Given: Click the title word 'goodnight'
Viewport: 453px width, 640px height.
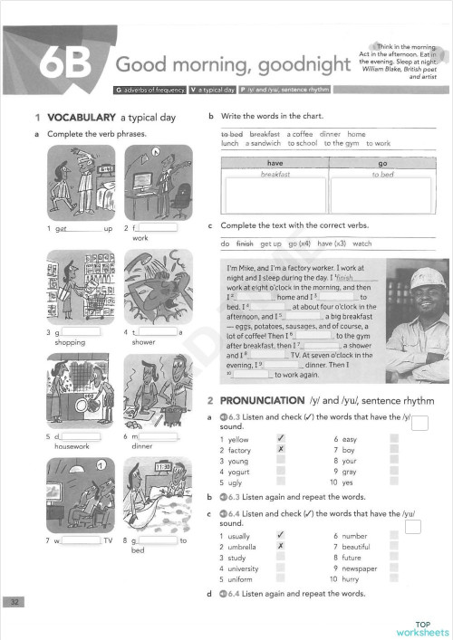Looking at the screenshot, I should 298,65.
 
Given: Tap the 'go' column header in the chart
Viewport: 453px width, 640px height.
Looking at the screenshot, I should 382,163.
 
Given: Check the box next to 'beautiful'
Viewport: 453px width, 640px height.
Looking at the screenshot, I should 394,547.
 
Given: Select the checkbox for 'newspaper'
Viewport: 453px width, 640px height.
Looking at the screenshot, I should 394,568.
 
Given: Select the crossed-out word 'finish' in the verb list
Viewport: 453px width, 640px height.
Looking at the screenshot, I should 245,244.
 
